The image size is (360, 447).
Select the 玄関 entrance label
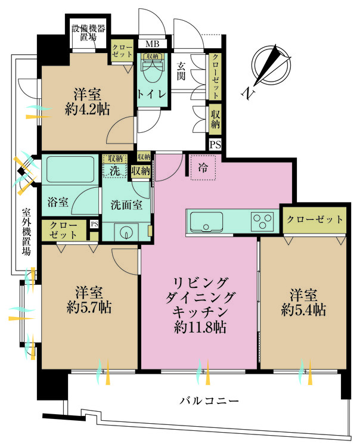tap(183, 72)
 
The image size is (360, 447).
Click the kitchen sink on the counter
tap(207, 223)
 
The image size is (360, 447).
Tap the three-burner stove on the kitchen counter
tap(262, 222)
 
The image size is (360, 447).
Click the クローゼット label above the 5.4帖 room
tap(314, 219)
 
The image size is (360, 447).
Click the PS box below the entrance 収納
tap(215, 144)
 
